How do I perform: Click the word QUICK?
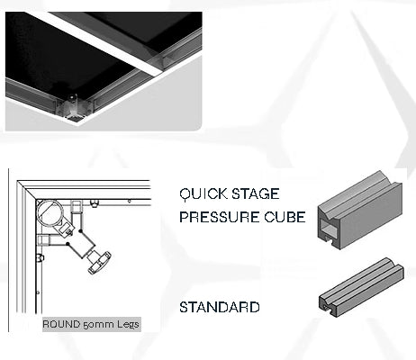point(203,193)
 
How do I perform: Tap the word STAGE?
point(256,193)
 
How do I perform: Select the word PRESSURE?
point(220,217)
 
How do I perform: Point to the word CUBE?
point(285,217)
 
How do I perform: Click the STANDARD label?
point(220,307)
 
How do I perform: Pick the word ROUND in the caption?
point(61,324)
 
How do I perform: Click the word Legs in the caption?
point(128,325)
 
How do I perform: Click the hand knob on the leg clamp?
point(99,263)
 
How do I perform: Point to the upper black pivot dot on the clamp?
point(80,231)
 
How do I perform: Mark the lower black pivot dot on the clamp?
point(68,244)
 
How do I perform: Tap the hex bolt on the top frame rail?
point(95,203)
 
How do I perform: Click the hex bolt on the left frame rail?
point(41,257)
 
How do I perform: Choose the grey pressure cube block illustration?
point(360,210)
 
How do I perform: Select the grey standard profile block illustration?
point(361,287)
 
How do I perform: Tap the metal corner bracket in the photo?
point(72,106)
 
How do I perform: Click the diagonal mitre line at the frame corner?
point(27,190)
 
